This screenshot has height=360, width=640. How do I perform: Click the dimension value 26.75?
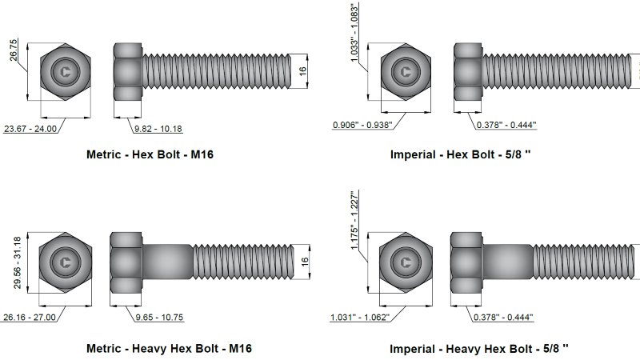[x=13, y=49]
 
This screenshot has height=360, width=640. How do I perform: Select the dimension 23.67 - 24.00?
[x=30, y=129]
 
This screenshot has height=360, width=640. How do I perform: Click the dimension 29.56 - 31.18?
[x=13, y=261]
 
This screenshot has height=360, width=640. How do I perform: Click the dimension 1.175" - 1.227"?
[x=354, y=220]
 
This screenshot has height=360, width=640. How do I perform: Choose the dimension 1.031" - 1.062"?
[x=359, y=318]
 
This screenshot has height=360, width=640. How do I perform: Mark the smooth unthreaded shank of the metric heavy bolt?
[x=166, y=262]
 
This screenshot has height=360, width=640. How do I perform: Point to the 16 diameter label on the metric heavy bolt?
[x=304, y=262]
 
